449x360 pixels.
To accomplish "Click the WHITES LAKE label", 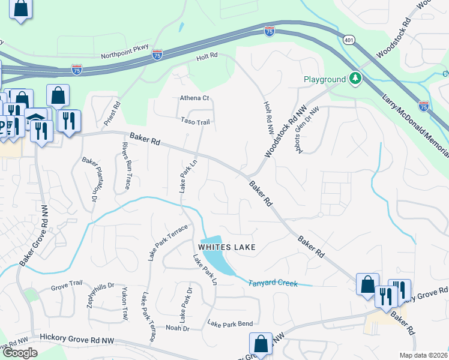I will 228,247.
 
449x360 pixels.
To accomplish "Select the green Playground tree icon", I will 355,79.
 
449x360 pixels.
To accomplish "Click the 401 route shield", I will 349,40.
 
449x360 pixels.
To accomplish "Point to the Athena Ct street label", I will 194,98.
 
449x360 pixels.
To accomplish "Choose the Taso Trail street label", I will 194,121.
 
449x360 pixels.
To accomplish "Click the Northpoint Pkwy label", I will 124,55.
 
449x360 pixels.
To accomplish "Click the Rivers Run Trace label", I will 126,166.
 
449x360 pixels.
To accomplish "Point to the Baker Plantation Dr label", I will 90,178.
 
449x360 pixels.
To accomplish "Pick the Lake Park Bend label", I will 230,324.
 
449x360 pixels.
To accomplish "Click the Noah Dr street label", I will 177,328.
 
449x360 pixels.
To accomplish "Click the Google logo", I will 20,353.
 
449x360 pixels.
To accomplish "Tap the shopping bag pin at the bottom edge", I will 261,344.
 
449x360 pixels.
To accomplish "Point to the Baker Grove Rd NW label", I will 34,235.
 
